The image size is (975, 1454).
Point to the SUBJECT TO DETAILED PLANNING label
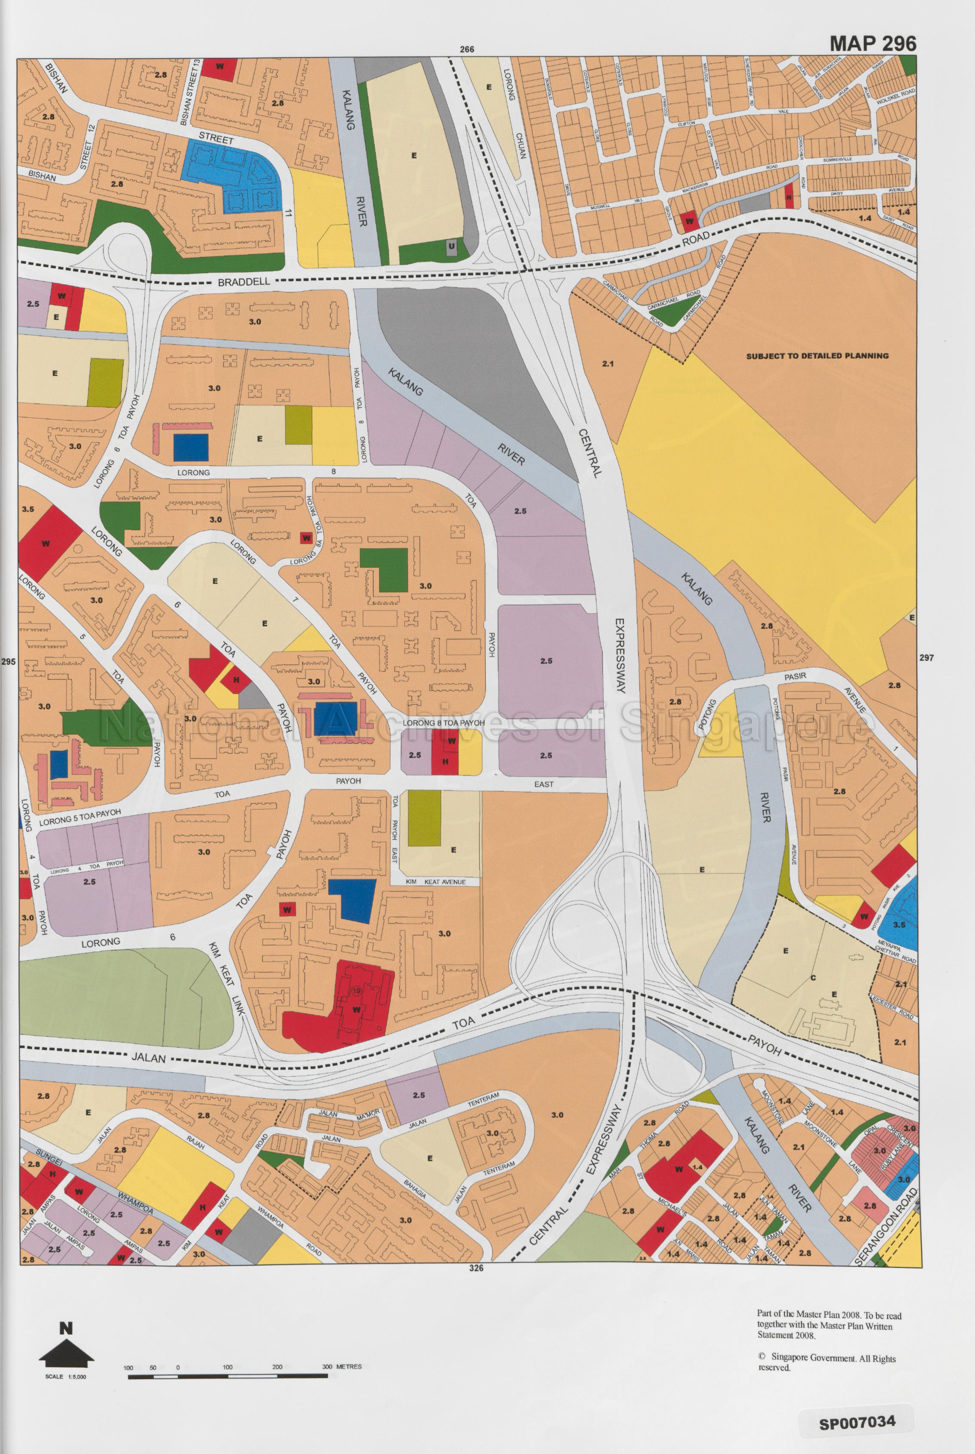tap(817, 356)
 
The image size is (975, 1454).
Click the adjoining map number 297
tap(926, 658)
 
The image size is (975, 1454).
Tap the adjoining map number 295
tap(8, 662)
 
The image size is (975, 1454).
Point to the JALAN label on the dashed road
tap(149, 1057)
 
